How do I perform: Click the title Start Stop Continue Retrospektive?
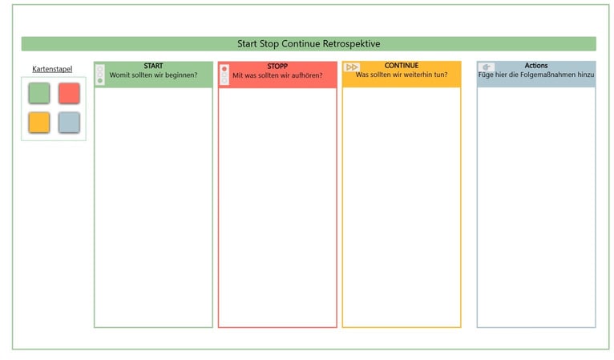pos(308,43)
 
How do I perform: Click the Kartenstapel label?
pos(52,69)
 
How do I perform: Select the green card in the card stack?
pos(39,93)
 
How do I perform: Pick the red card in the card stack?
pos(69,93)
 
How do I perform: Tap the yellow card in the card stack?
pos(39,123)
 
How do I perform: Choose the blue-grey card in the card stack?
pos(69,123)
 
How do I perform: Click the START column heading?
pos(153,66)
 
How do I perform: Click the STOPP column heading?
pos(277,66)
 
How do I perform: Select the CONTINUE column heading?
pos(401,66)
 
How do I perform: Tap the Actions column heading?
pos(536,66)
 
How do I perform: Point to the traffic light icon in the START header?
pos(99,74)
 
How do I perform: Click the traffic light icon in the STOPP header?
pos(224,74)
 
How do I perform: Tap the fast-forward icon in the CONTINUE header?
pos(351,67)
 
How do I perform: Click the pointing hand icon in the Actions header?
pos(487,67)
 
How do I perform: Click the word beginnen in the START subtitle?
pos(182,75)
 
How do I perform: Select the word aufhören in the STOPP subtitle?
pos(308,75)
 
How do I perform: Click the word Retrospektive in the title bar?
pos(351,43)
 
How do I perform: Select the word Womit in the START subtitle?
pos(119,75)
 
